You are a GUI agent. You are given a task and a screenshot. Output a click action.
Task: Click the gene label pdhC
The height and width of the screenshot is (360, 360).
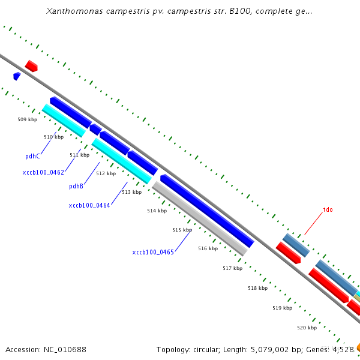click(32, 156)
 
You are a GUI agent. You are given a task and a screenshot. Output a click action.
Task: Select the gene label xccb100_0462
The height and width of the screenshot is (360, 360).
click(43, 172)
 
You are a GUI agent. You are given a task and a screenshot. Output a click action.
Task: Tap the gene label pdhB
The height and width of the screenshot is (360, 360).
click(76, 186)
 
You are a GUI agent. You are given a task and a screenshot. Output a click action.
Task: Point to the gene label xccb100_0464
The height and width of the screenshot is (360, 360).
click(89, 205)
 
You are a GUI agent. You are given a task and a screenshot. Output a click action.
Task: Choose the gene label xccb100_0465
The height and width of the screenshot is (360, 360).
click(153, 252)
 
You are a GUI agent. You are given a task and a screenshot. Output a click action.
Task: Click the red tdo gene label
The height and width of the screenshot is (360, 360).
click(328, 210)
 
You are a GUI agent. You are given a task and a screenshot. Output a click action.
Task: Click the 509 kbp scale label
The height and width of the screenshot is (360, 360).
click(28, 119)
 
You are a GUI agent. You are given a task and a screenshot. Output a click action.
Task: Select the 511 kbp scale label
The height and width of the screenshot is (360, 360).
click(79, 155)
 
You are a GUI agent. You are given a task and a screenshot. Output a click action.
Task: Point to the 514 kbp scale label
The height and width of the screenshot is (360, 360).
click(157, 211)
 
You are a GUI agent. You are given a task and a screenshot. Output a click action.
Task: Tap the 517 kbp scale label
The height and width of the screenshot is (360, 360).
click(233, 268)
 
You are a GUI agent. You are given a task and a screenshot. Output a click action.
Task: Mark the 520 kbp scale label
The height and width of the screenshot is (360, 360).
click(307, 328)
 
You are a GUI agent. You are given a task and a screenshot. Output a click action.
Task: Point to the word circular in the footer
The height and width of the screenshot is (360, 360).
click(206, 349)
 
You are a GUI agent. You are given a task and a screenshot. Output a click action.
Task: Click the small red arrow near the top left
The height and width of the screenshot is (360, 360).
click(31, 66)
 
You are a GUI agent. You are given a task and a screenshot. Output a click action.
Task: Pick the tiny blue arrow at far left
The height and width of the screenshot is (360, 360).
click(17, 76)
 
